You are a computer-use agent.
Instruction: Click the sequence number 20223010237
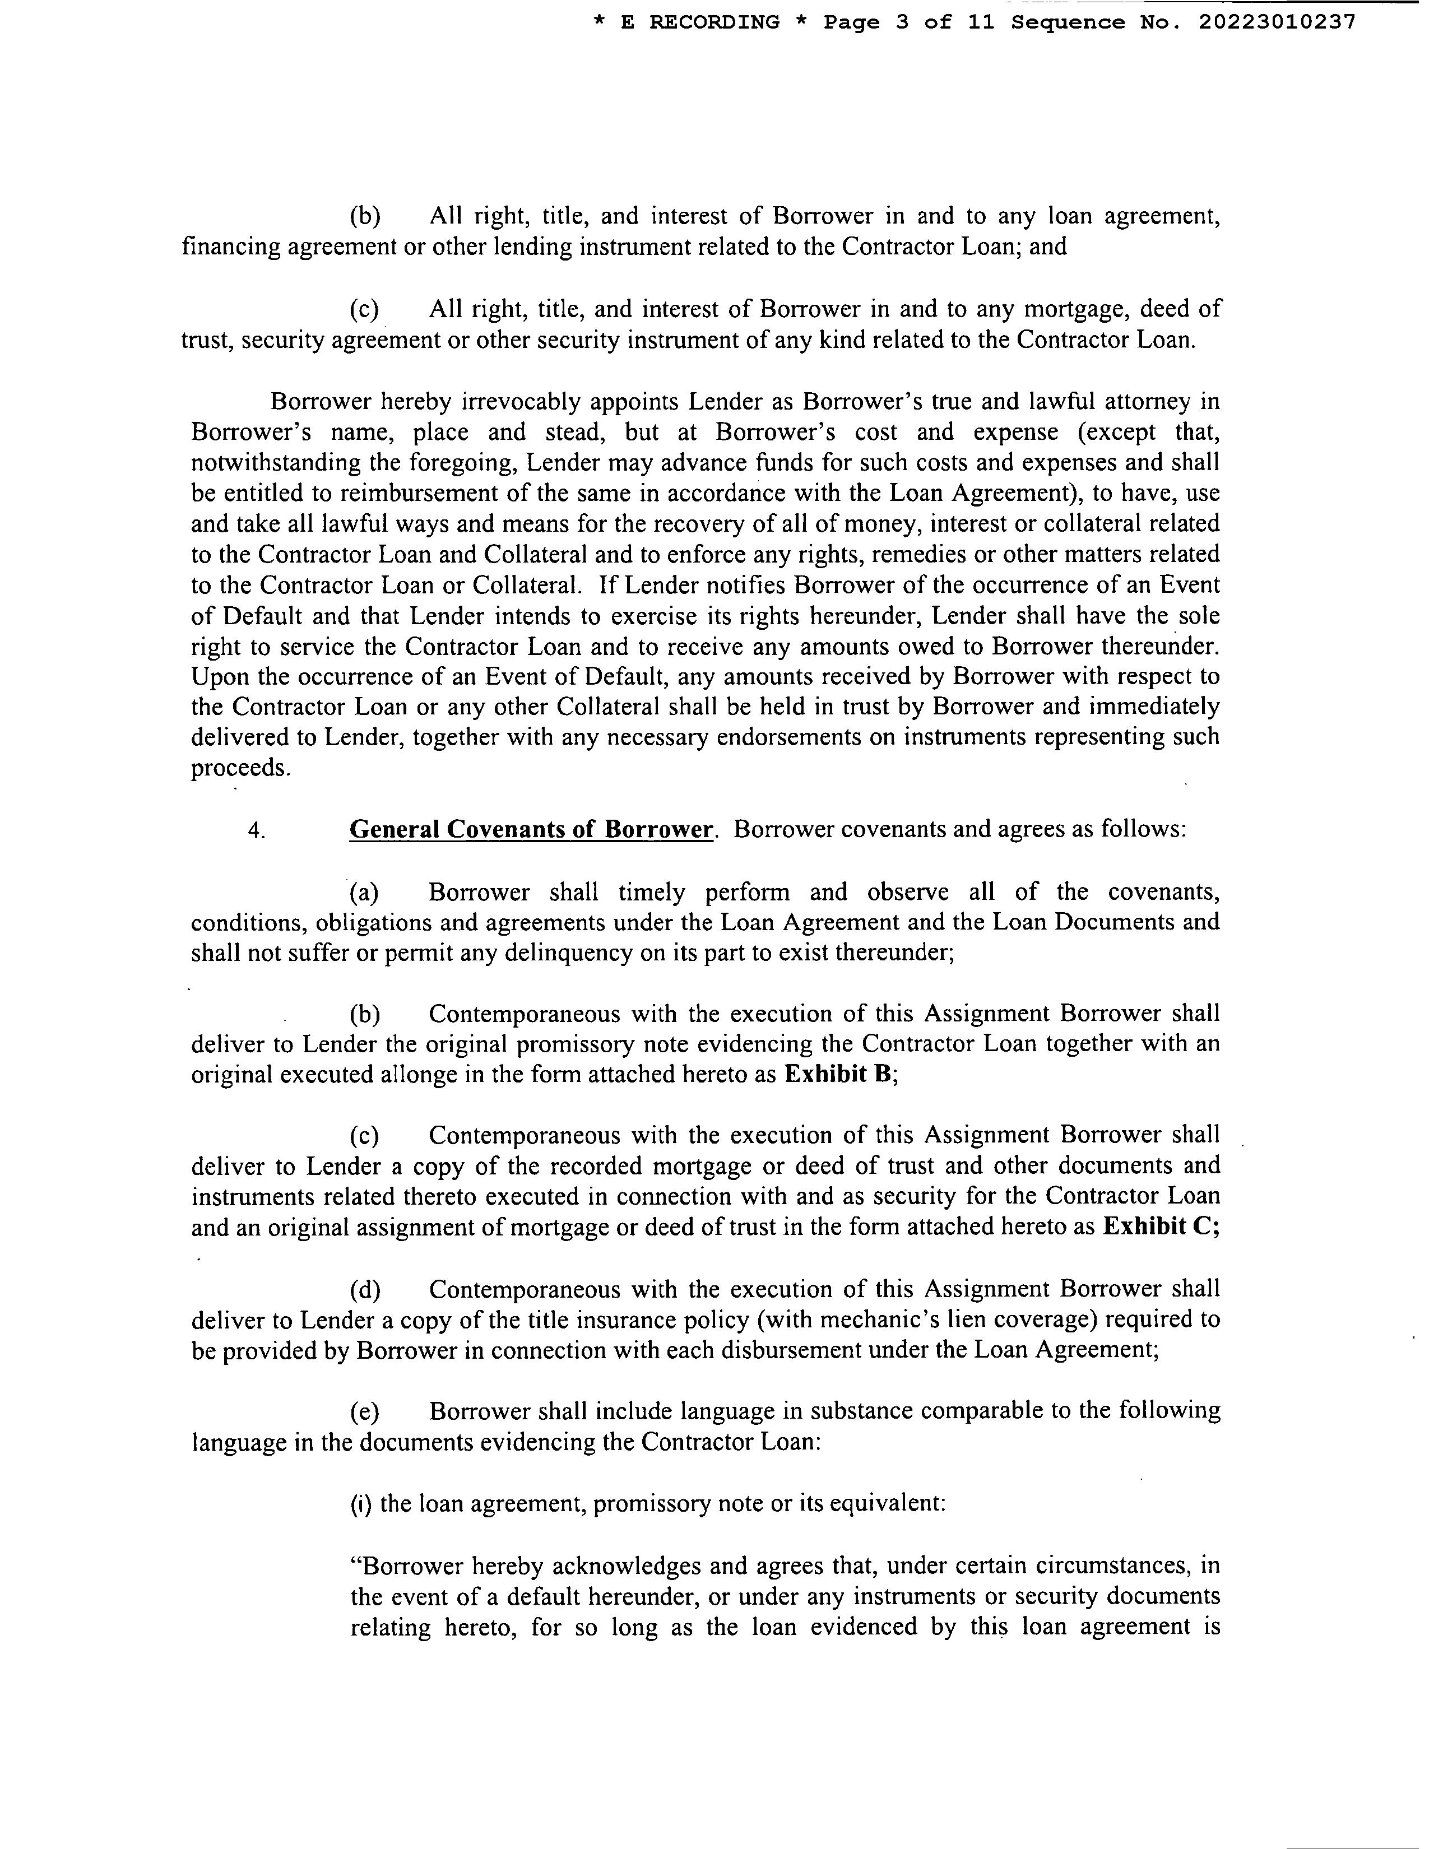(x=1277, y=23)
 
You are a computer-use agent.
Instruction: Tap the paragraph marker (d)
(x=365, y=1289)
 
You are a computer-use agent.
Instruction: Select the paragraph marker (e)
(x=365, y=1411)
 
